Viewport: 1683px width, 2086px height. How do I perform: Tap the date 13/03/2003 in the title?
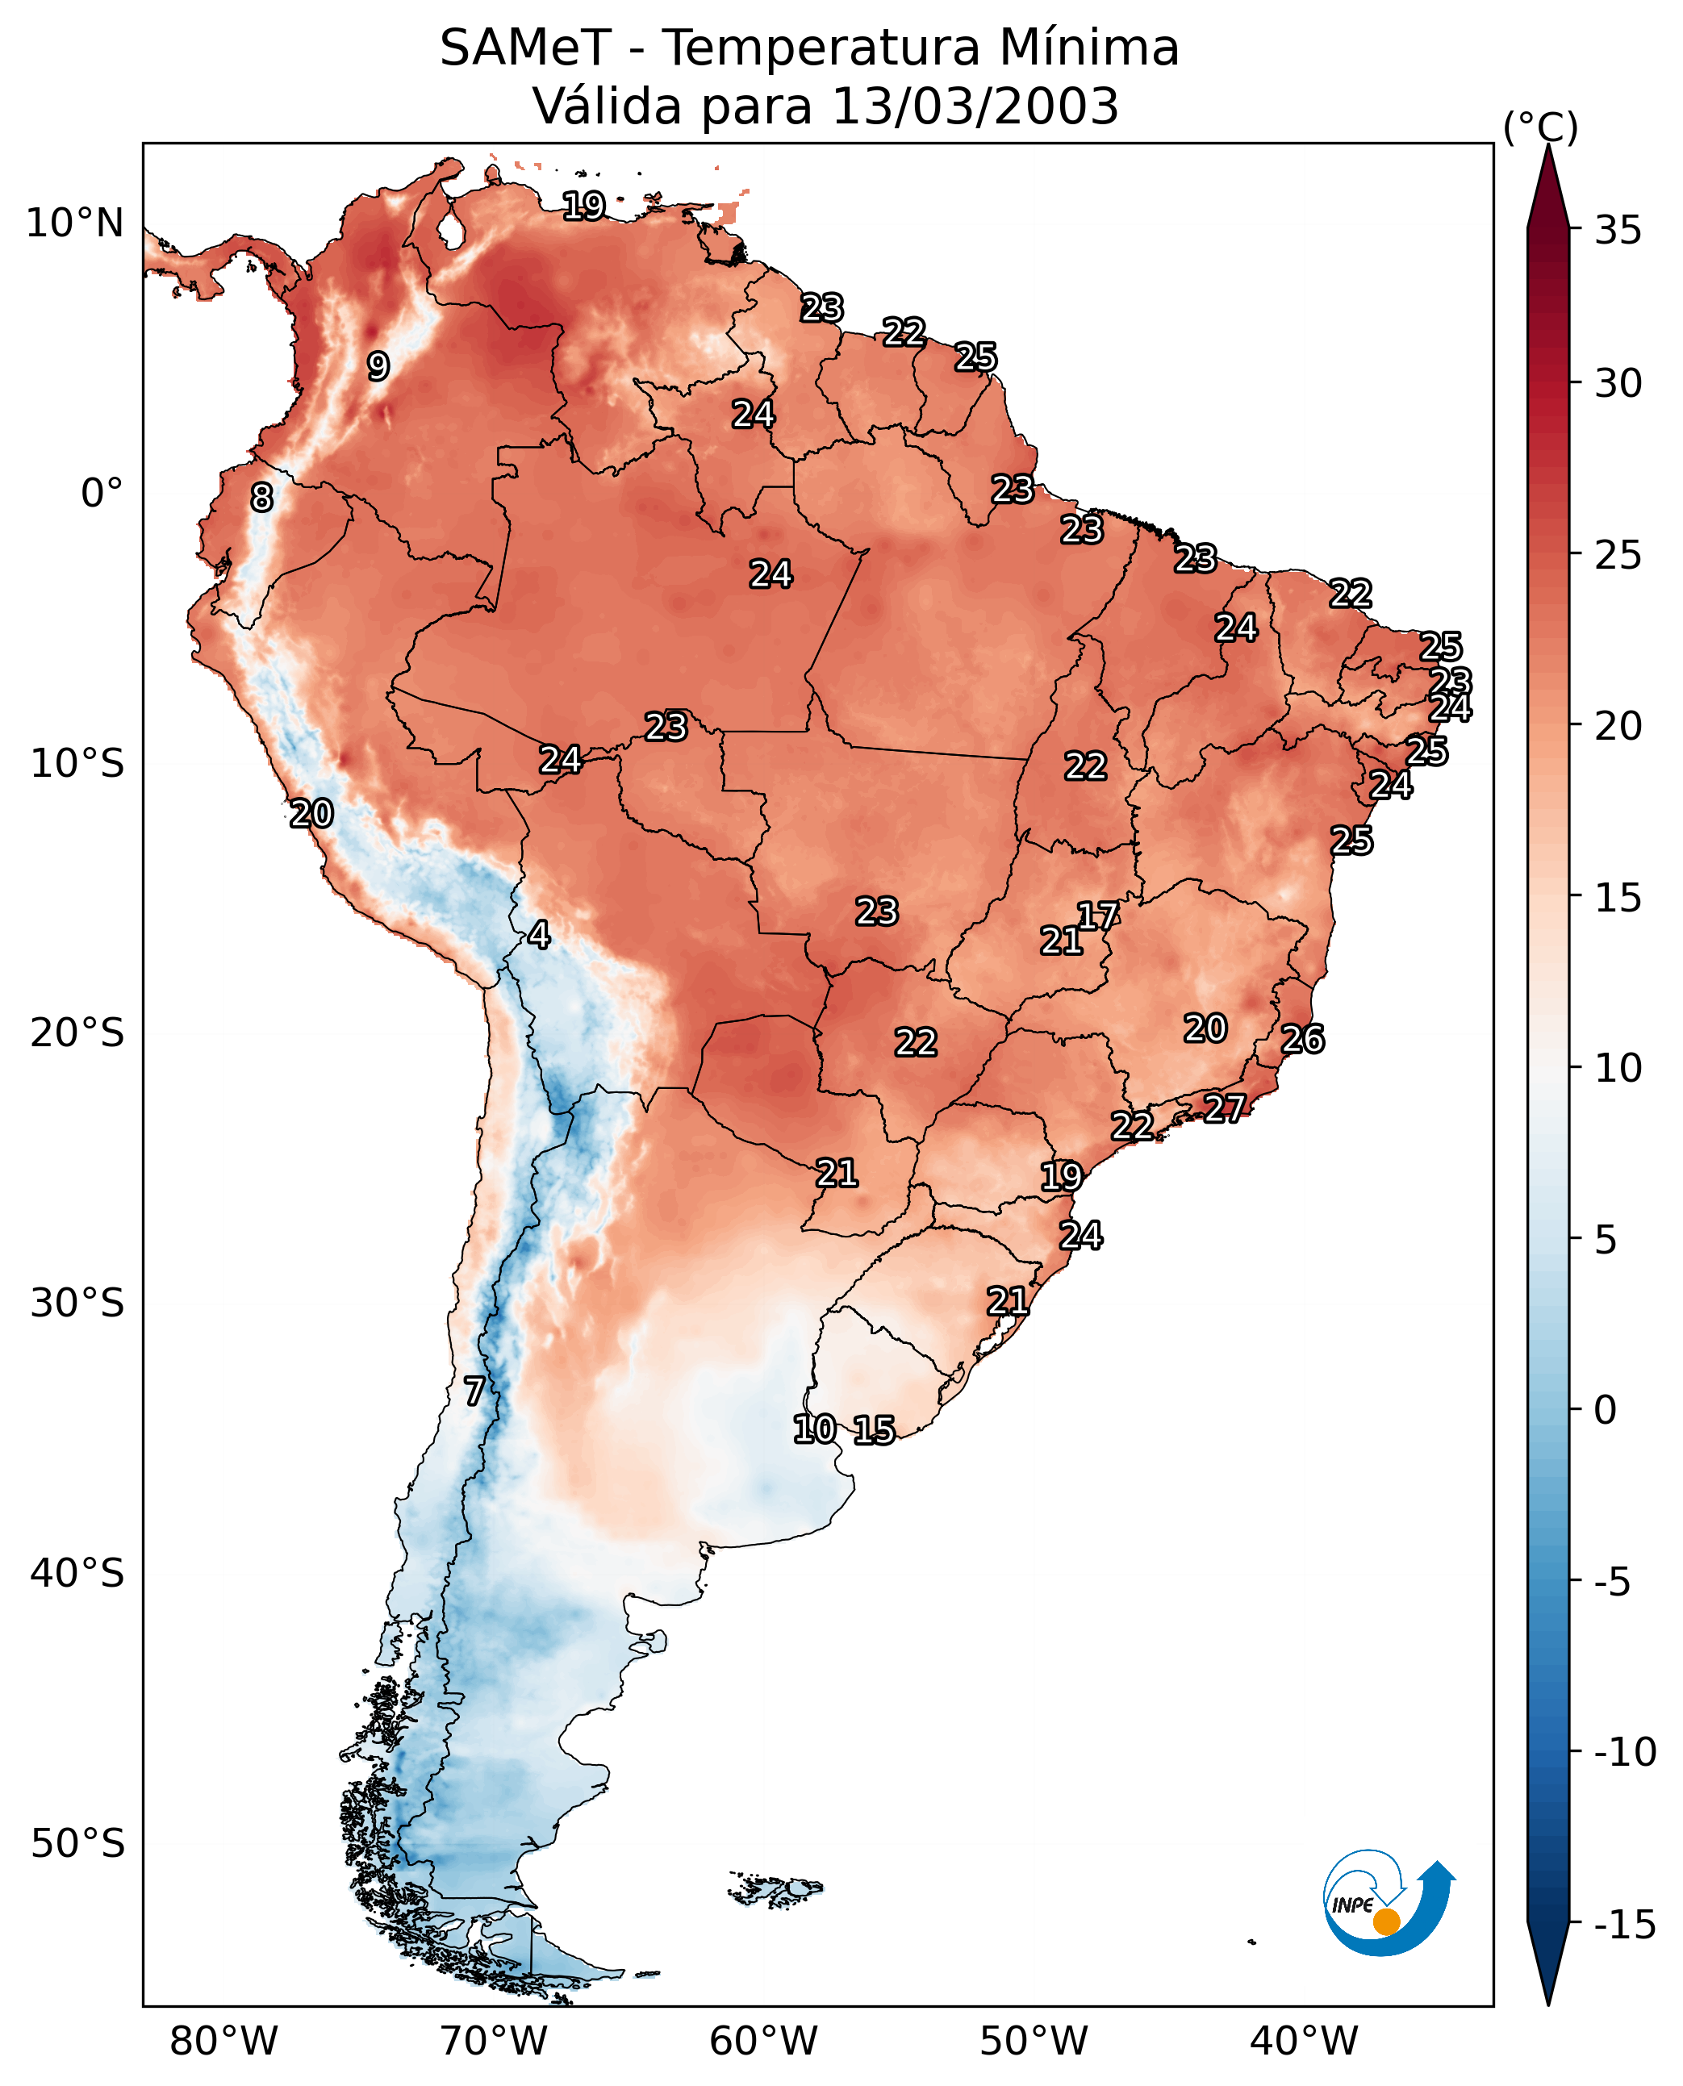(975, 106)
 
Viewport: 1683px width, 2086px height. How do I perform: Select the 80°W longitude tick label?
(224, 2042)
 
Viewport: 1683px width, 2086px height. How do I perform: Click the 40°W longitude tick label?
(1304, 2042)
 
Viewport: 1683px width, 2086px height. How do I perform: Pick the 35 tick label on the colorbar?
(1618, 231)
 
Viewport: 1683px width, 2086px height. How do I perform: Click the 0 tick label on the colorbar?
(1606, 1410)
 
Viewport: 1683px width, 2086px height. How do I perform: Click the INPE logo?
(1388, 1900)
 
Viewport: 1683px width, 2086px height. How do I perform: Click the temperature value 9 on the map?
(378, 366)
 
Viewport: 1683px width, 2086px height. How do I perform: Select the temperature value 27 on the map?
(1225, 1108)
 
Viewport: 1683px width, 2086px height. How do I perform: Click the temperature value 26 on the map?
(1302, 1039)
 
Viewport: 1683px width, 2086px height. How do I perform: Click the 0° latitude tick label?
(102, 494)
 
